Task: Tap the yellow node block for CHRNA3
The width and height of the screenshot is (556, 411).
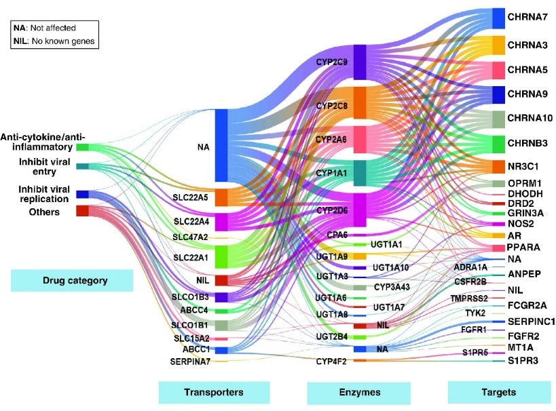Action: (498, 45)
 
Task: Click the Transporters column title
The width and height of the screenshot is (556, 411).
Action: (214, 391)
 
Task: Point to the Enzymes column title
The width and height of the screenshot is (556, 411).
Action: (358, 392)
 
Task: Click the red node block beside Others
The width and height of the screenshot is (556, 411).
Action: (82, 210)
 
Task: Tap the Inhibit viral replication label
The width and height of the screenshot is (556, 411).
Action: (35, 194)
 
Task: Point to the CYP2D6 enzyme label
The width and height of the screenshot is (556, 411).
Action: (333, 212)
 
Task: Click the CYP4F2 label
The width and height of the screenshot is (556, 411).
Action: (332, 361)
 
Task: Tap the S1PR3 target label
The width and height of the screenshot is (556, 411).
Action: (523, 360)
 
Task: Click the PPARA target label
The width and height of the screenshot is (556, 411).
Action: (523, 248)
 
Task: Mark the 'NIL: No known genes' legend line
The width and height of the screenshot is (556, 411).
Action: (54, 41)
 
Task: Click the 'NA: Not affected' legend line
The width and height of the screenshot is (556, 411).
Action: (44, 28)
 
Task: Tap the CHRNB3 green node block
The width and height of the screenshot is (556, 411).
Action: (498, 144)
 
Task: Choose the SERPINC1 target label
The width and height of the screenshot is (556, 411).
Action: (531, 321)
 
